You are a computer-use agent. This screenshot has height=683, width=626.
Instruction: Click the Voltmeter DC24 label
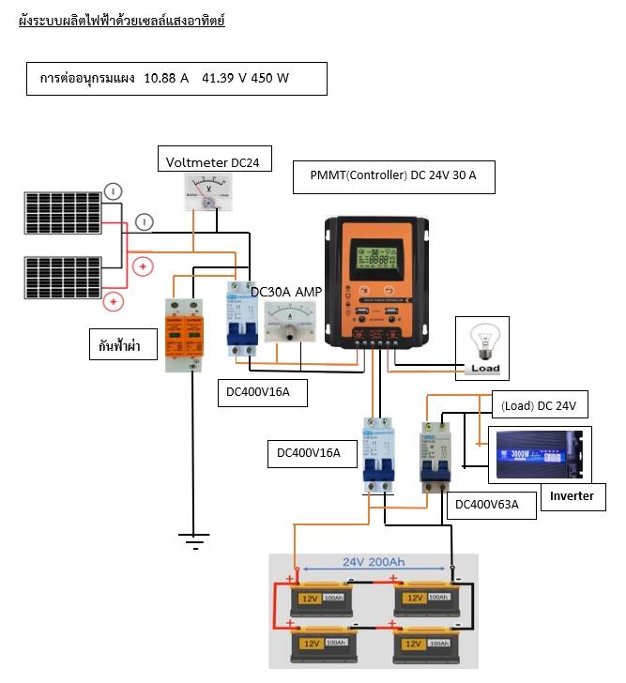click(x=211, y=161)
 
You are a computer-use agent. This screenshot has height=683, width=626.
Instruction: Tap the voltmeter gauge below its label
click(x=212, y=194)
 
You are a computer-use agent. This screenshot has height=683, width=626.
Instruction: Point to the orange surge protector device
click(x=185, y=333)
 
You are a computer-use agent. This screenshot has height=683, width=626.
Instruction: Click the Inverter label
click(x=572, y=495)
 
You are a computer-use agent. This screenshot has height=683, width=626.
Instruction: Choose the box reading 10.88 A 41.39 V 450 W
click(x=177, y=79)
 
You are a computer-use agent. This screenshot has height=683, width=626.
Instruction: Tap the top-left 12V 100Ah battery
click(x=321, y=597)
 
